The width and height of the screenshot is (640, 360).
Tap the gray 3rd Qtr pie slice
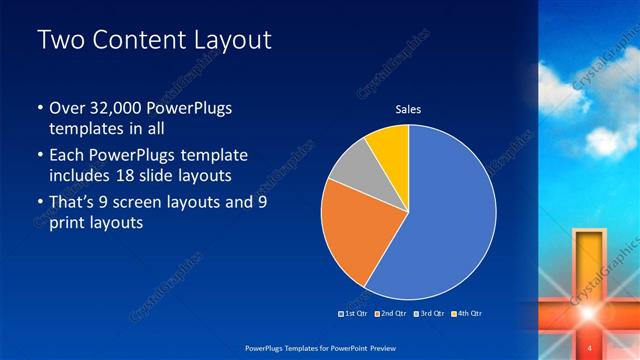(x=349, y=165)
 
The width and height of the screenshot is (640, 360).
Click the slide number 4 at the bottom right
(x=589, y=346)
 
